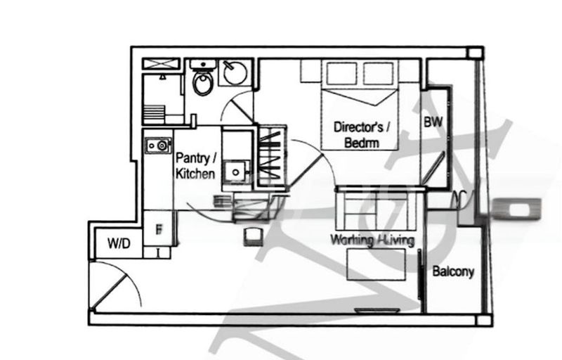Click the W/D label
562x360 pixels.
(x=119, y=244)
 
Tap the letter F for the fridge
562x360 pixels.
(x=159, y=229)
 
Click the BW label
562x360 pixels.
(x=433, y=122)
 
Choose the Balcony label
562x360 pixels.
(x=453, y=272)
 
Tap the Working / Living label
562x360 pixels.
(x=373, y=240)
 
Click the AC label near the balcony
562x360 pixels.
(x=462, y=197)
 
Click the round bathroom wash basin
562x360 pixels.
(x=235, y=72)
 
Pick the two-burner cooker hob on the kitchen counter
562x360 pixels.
(x=157, y=146)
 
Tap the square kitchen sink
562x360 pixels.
(x=234, y=170)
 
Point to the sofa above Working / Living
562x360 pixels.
(x=379, y=208)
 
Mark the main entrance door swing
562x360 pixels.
(x=112, y=285)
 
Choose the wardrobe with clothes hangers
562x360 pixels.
(x=272, y=156)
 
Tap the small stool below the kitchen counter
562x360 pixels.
(x=251, y=236)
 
